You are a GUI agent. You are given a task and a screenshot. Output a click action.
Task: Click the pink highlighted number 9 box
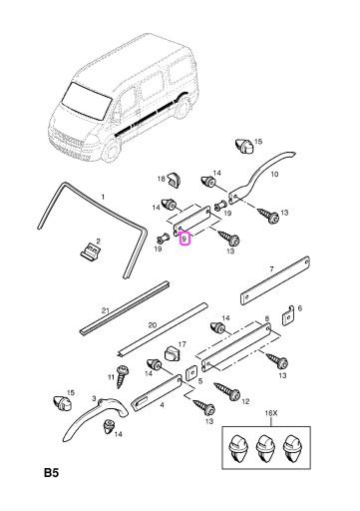[183, 239]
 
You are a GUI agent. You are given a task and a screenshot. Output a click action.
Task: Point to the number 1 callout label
[100, 197]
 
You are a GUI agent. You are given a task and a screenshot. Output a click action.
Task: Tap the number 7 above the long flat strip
[271, 267]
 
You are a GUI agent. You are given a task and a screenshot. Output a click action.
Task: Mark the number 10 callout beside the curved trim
[275, 173]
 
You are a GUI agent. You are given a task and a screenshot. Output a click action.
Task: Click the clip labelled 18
[172, 179]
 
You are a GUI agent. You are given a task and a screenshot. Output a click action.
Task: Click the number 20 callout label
[153, 325]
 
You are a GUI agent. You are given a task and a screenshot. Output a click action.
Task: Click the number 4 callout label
[164, 404]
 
